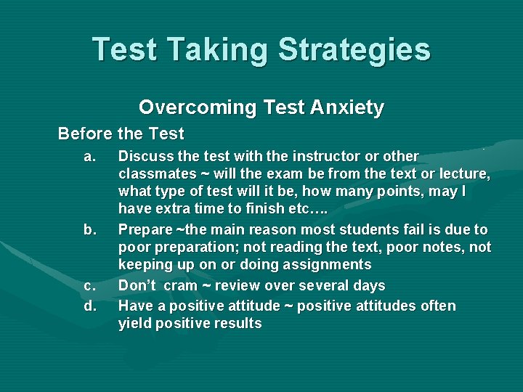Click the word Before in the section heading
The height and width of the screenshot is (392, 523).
84,134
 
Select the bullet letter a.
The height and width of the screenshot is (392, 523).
89,156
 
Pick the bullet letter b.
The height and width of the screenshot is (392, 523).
89,230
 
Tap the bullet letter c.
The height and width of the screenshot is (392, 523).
89,286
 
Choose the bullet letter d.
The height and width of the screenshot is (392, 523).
89,306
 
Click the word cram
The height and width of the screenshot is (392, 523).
180,286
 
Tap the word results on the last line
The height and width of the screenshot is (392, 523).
236,324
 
